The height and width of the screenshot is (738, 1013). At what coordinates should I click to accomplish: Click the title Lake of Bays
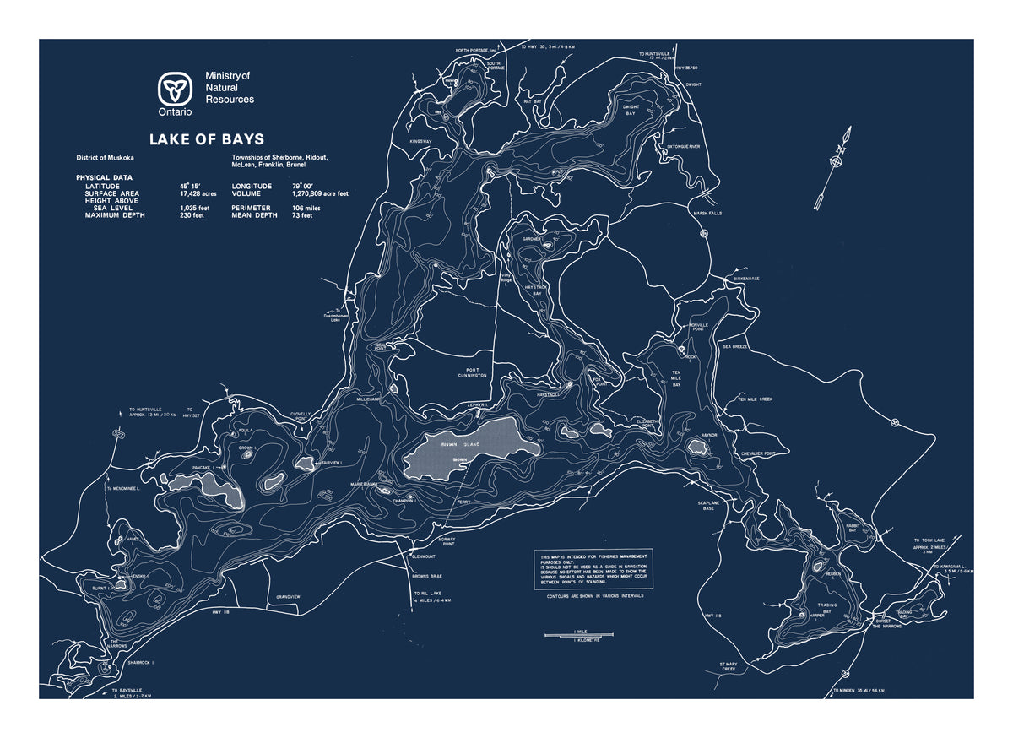[207, 139]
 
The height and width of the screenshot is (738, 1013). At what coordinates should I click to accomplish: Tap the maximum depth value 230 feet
[192, 215]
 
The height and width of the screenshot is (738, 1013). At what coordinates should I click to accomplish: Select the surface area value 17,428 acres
[198, 193]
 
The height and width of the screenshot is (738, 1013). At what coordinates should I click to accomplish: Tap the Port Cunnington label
[473, 372]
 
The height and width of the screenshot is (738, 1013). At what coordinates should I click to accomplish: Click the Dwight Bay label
[630, 110]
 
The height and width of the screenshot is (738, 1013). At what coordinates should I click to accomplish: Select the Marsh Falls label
[708, 214]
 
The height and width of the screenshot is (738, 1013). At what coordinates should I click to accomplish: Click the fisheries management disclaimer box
[593, 570]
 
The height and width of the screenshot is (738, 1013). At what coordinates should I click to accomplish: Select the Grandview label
[288, 597]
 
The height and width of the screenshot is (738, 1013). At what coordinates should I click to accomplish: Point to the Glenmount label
[423, 556]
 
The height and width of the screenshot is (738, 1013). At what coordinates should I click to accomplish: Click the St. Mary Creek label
[729, 666]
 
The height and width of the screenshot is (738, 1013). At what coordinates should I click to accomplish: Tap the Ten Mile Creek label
[755, 399]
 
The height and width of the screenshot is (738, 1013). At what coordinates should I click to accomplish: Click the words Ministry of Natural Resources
[229, 88]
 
